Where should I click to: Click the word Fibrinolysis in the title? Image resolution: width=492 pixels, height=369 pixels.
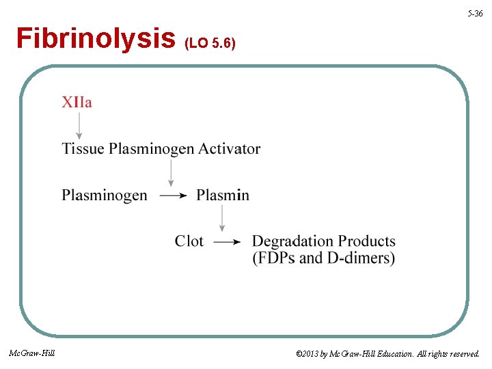pos(95,39)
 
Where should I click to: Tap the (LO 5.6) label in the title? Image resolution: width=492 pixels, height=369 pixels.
pos(210,44)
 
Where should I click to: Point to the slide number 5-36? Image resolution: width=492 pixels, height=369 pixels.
pos(475,14)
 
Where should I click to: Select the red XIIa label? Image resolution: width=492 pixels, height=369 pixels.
pos(77,102)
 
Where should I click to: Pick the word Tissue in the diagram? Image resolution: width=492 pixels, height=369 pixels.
pos(83,148)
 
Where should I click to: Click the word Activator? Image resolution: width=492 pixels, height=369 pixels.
pos(229,148)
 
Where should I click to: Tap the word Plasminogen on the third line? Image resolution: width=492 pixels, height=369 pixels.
pos(105,195)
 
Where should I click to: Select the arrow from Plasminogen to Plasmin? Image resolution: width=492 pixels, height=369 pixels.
pos(172,195)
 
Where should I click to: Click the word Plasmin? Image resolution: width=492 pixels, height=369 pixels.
pos(223,195)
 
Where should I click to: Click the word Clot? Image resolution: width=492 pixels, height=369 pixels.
pos(189,241)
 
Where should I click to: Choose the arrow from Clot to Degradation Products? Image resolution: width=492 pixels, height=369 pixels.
pos(227,241)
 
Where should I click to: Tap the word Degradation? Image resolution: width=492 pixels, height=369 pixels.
pos(294,241)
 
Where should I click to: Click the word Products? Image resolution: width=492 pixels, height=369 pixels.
pos(367,241)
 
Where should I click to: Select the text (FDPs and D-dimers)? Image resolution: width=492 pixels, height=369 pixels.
pos(323,258)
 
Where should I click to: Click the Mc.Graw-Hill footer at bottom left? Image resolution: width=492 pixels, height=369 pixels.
pos(31,353)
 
